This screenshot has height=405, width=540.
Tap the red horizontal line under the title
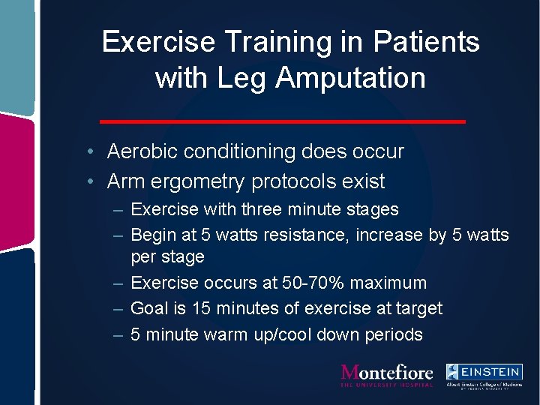coord(283,121)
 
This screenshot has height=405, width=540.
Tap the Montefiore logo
coord(386,375)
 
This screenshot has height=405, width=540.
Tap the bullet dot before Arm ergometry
coord(89,181)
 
